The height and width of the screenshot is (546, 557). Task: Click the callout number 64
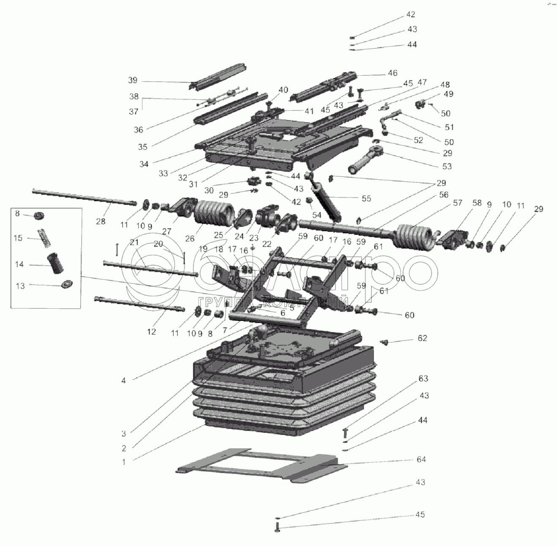tap(421, 459)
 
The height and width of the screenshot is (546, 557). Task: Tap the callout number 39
tap(133, 80)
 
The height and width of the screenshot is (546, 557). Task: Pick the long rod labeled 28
tap(85, 197)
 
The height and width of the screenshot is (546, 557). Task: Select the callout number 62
tap(422, 338)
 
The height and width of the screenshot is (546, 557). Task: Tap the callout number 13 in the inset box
tap(20, 285)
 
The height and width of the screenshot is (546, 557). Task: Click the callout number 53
tap(447, 166)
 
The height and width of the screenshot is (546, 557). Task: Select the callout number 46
tap(392, 73)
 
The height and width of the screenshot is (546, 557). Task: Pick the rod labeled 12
tap(139, 304)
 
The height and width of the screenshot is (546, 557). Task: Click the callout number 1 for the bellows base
tap(124, 462)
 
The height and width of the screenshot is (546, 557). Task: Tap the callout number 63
tap(423, 379)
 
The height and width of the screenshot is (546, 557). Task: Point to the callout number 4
tap(123, 381)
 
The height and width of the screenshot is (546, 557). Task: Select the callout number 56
tap(443, 195)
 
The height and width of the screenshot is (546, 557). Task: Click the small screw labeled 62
tap(384, 342)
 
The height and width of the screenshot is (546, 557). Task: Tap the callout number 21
tap(134, 242)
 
